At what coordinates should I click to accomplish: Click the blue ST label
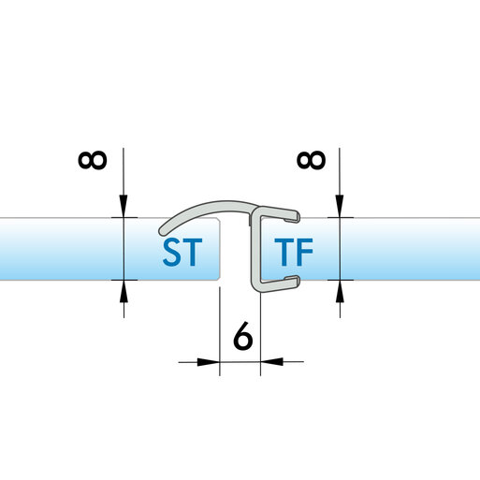point(182,252)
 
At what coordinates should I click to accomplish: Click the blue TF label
point(294,252)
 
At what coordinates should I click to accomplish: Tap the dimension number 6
point(242,335)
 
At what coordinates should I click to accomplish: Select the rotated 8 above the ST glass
point(93,160)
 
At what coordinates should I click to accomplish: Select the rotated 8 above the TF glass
point(312,160)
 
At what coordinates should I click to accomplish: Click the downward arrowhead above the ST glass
point(124,206)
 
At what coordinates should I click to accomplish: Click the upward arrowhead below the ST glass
point(124,291)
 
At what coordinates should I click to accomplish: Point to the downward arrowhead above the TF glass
point(340,206)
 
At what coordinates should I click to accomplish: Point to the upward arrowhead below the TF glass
point(340,291)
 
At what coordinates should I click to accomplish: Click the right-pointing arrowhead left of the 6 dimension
point(209,362)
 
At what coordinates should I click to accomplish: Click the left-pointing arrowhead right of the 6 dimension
point(271,362)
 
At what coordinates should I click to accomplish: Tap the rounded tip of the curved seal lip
point(163,231)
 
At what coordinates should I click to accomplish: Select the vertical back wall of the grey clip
point(255,249)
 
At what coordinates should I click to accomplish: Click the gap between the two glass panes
point(236,249)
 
